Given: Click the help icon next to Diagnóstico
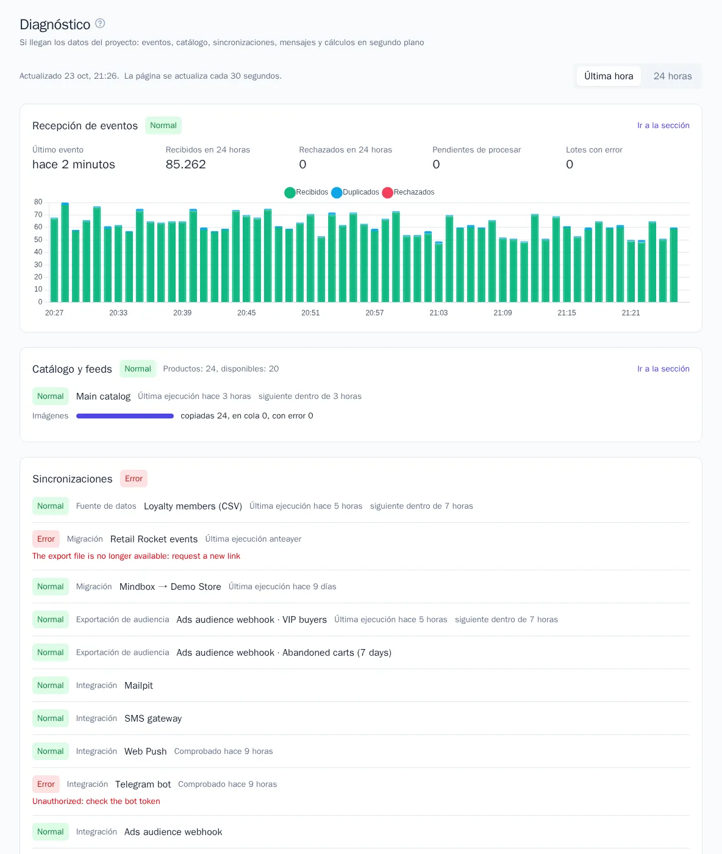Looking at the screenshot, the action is click(x=100, y=24).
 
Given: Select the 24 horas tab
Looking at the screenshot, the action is click(x=672, y=76).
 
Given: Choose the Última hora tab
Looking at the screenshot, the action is click(x=608, y=76).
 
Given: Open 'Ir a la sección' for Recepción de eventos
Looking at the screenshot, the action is click(x=663, y=125).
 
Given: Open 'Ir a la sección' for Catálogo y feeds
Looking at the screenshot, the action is click(x=663, y=368).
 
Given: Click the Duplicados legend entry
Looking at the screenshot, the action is click(x=356, y=192).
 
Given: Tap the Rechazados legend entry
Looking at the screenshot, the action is click(x=408, y=192).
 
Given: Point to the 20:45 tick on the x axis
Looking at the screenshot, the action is click(x=246, y=313).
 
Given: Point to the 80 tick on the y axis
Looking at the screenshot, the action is click(x=38, y=202).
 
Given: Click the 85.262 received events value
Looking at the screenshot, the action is click(x=185, y=165).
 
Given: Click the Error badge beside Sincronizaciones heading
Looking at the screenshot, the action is click(x=134, y=478).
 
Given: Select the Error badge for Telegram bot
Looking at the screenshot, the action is click(x=46, y=784).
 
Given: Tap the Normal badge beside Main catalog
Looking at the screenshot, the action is click(x=51, y=396).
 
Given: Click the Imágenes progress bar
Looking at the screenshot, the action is click(x=125, y=416).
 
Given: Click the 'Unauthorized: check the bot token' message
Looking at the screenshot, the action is click(x=96, y=801).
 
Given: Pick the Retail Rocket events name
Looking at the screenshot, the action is click(x=154, y=539).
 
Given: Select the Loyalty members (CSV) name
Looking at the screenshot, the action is click(x=193, y=506).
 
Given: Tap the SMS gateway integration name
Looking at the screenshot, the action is click(x=153, y=719).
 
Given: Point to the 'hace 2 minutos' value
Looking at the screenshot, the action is click(x=74, y=165).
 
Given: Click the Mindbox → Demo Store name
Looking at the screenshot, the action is click(x=170, y=587).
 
